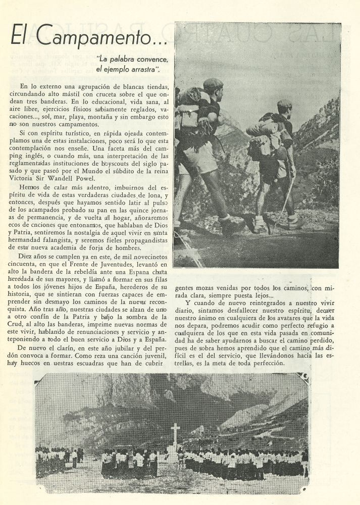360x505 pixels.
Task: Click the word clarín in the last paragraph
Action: click(62, 348)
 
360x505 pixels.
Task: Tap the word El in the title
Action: click(20, 36)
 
